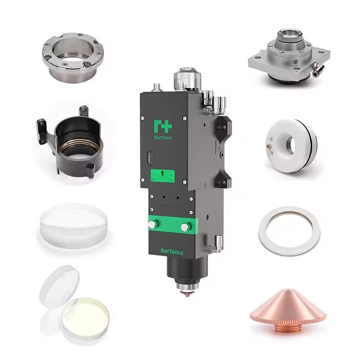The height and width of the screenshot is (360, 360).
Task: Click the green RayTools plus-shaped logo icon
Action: pyautogui.click(x=163, y=126)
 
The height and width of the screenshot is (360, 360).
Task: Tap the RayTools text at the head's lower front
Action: pyautogui.click(x=172, y=252)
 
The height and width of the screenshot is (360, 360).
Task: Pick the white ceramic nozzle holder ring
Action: pyautogui.click(x=291, y=145)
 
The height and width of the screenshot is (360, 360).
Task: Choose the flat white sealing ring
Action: pyautogui.click(x=289, y=231)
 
